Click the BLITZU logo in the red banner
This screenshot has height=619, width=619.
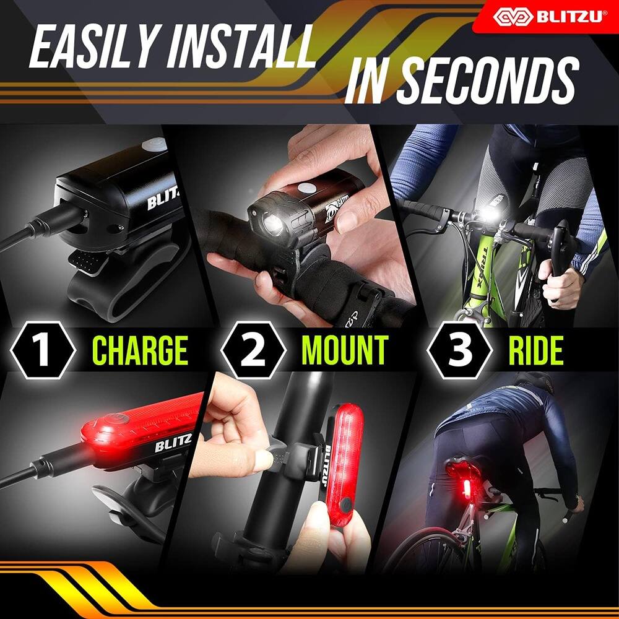click(548, 16)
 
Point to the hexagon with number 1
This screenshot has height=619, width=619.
click(42, 350)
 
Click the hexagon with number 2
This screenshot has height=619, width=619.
click(253, 350)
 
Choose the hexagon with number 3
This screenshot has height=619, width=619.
click(459, 350)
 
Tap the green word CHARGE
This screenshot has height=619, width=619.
click(140, 350)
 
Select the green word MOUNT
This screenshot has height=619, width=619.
click(344, 350)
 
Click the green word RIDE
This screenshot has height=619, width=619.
click(535, 350)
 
